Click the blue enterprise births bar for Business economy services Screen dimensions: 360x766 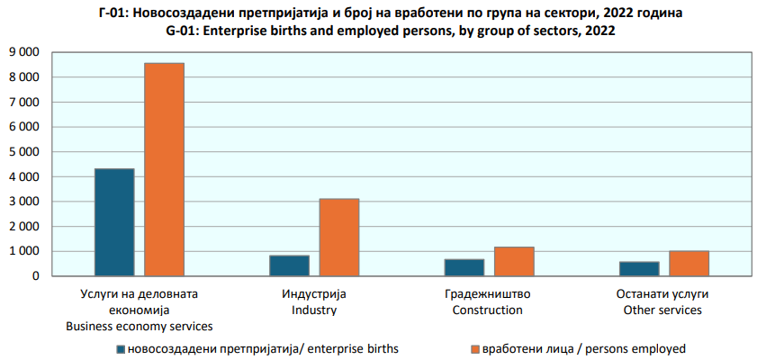point(114,222)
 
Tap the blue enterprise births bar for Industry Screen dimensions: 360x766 point(289,265)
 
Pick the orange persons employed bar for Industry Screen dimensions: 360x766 point(339,237)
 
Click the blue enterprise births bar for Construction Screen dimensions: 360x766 point(464,267)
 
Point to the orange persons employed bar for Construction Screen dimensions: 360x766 point(514,261)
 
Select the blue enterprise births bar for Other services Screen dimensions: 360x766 point(639,268)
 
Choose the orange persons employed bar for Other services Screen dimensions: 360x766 point(689,263)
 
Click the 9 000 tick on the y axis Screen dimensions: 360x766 point(23,52)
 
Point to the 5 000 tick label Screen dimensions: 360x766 point(23,152)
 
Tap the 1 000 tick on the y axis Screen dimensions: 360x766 point(23,251)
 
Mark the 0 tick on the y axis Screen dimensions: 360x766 point(37,276)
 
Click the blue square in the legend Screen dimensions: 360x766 point(120,348)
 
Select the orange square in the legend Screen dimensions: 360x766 point(474,348)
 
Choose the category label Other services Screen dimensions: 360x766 point(663,310)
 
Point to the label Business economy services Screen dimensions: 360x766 point(139,326)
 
